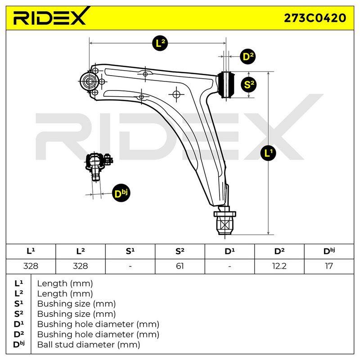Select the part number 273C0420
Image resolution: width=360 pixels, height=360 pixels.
[315, 18]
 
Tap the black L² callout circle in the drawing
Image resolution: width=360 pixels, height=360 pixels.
[160, 43]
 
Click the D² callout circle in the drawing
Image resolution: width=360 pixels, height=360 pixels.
[248, 56]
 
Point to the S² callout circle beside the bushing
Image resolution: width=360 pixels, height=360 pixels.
[249, 85]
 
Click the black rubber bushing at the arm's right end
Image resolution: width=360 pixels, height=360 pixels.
[226, 85]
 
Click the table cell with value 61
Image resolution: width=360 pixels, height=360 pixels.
[180, 266]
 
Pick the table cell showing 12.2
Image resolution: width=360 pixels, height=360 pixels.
[279, 266]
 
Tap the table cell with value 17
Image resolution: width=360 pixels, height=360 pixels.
[329, 266]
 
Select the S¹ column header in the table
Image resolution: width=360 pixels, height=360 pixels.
[130, 252]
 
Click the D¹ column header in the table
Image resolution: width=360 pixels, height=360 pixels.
[229, 252]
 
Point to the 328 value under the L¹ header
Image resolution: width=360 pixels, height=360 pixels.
[31, 266]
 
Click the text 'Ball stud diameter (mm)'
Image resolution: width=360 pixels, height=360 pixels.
[89, 345]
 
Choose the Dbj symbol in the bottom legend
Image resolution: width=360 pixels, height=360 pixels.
[19, 344]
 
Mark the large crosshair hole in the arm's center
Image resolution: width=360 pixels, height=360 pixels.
[176, 94]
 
